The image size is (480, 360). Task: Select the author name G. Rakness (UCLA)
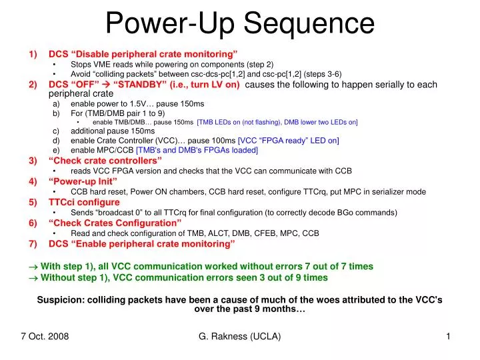point(240,337)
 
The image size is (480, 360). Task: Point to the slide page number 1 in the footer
point(449,337)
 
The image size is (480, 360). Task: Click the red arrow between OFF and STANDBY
point(105,85)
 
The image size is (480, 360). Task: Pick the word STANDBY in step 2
point(139,85)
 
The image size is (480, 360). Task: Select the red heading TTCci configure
point(84,202)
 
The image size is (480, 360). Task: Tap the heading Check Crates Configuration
point(115,223)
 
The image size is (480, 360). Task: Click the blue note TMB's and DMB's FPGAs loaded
point(197,150)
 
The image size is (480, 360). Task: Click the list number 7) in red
point(33,243)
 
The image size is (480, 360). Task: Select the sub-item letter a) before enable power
point(56,104)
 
